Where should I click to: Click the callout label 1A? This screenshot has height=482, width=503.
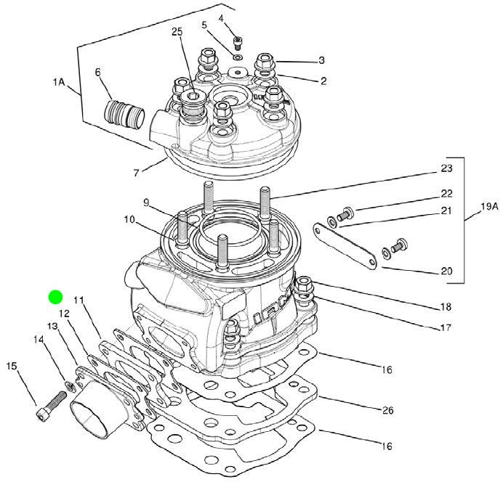(x=60, y=83)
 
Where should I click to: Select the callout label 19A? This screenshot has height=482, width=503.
(x=490, y=207)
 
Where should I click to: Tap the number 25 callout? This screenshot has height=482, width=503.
(x=177, y=32)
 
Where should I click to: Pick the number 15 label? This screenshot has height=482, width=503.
(x=11, y=366)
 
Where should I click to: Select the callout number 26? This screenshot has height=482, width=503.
(x=387, y=410)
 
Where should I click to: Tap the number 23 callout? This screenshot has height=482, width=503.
(x=446, y=168)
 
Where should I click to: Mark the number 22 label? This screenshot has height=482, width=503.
(x=446, y=194)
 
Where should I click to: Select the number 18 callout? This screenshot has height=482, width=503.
(x=446, y=306)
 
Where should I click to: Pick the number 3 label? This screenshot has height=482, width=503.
(x=321, y=60)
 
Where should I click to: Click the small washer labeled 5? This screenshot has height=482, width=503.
(x=238, y=56)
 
